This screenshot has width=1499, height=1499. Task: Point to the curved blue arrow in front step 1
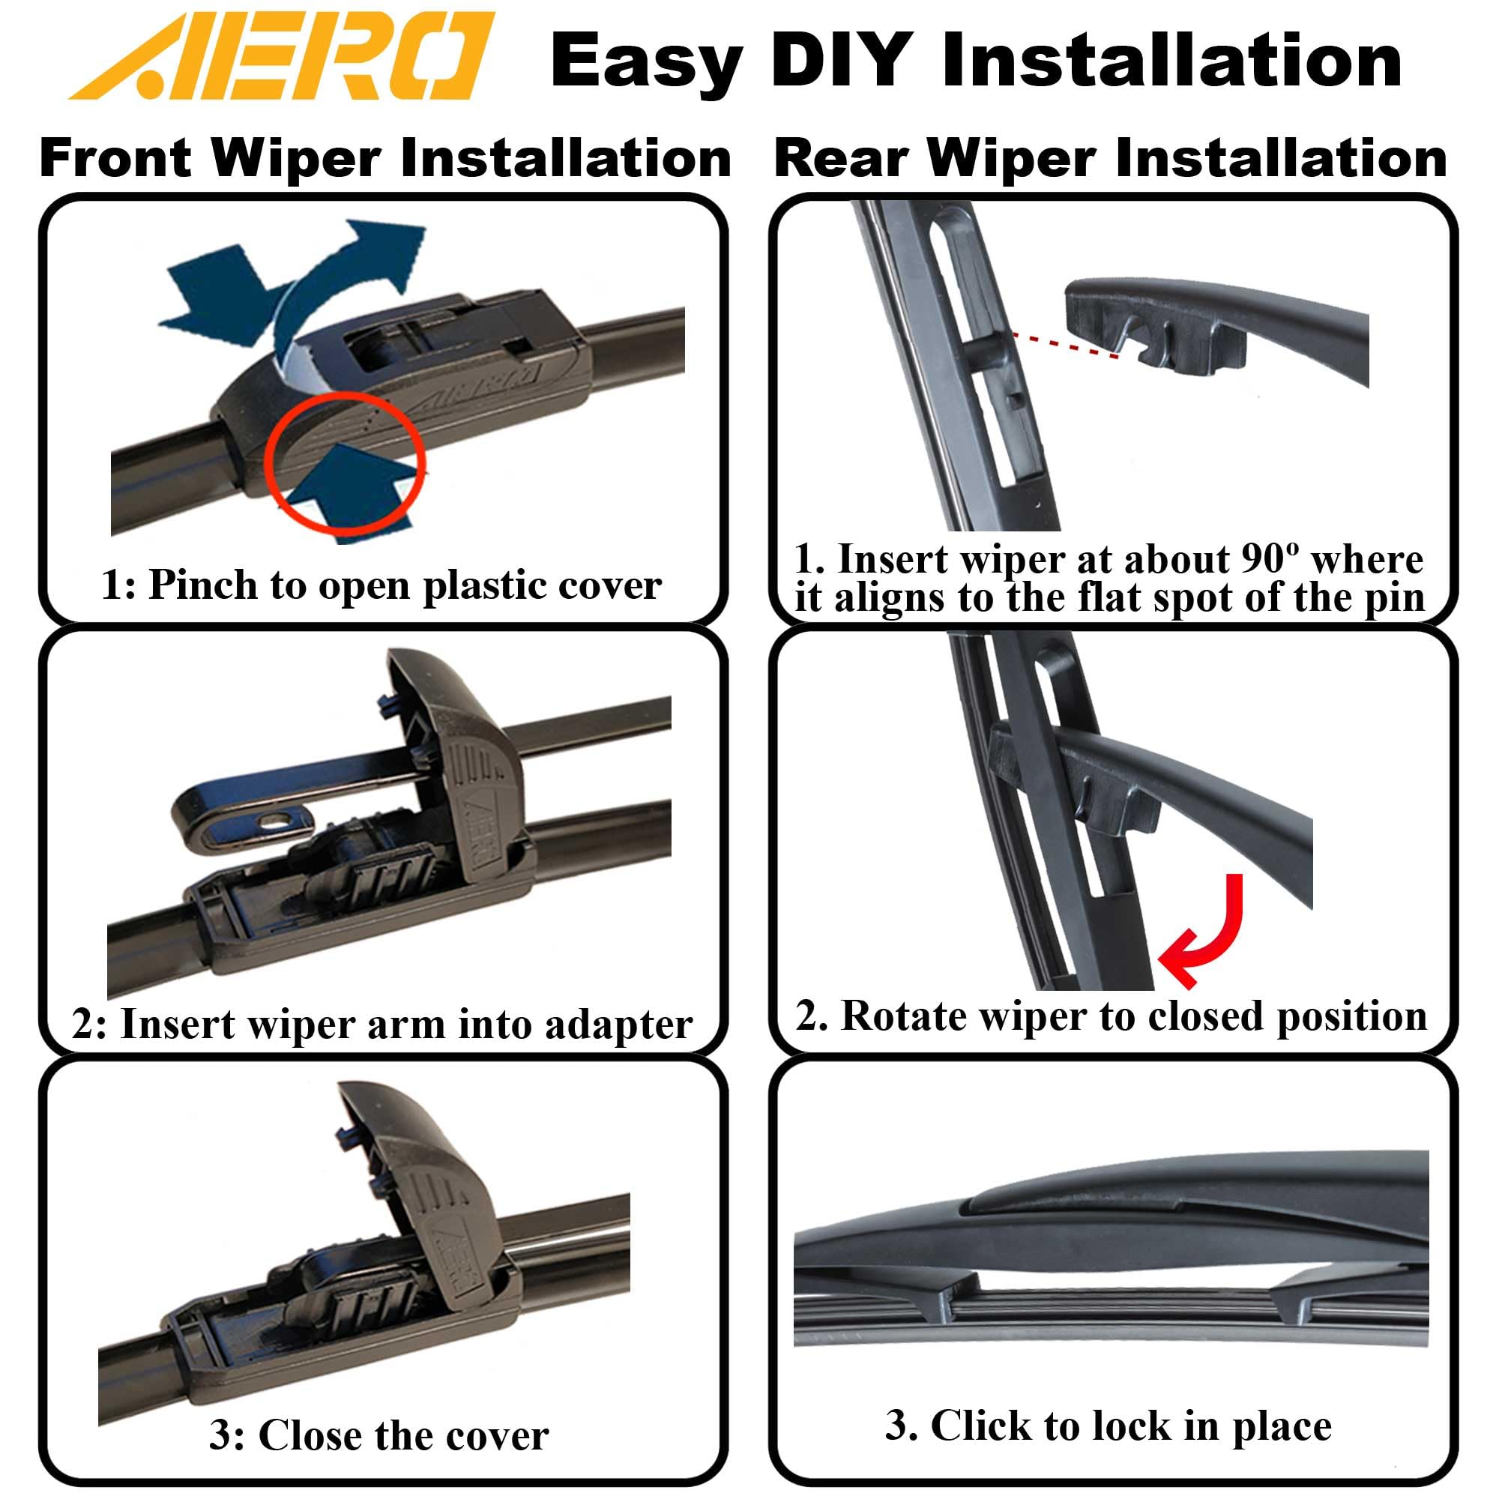341,280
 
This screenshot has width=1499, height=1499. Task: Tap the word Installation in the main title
1171,62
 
